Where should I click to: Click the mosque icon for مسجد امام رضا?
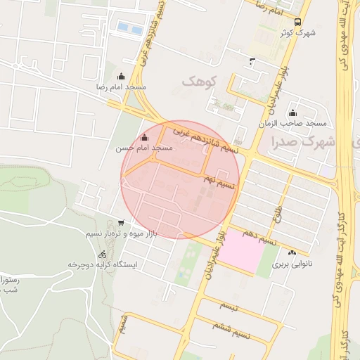tap(121, 76)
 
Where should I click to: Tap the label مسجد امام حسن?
tap(144, 148)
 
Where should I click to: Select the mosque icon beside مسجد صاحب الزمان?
tap(292, 113)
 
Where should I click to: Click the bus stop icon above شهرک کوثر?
tap(298, 22)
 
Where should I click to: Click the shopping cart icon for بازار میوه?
tap(121, 222)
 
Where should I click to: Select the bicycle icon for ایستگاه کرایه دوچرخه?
tap(103, 255)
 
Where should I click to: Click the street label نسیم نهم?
tap(219, 182)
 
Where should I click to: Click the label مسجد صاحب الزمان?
tap(294, 124)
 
